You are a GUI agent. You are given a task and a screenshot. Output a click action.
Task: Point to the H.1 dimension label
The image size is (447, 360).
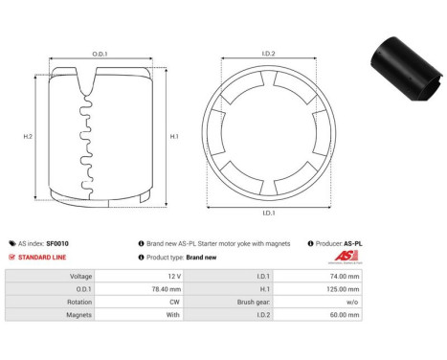click(x=173, y=136)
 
